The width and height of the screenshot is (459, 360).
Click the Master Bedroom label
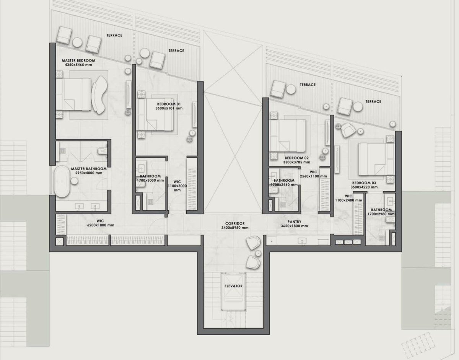click(x=78, y=60)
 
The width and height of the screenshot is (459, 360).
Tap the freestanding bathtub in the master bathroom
click(x=62, y=181)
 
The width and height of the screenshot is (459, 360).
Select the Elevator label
click(x=233, y=286)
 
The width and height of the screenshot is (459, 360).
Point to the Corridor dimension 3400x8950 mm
click(x=235, y=228)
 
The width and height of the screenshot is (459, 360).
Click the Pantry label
click(x=295, y=222)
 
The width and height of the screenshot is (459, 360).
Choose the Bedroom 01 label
click(x=169, y=104)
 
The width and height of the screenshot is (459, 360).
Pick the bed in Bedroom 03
click(x=376, y=159)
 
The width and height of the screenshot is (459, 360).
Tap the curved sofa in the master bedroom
click(x=100, y=95)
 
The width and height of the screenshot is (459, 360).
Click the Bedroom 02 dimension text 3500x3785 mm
click(x=296, y=162)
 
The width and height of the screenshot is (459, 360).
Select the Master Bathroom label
click(x=89, y=169)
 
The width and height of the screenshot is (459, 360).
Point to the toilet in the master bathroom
click(x=103, y=151)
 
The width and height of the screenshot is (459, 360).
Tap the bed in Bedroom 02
click(x=288, y=136)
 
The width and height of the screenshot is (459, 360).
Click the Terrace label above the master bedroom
click(x=114, y=35)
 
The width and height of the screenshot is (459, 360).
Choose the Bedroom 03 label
click(x=364, y=183)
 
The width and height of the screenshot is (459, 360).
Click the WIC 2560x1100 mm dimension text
click(x=314, y=176)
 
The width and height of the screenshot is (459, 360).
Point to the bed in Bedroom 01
click(x=155, y=114)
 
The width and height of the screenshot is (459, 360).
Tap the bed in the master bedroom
click(x=73, y=94)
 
